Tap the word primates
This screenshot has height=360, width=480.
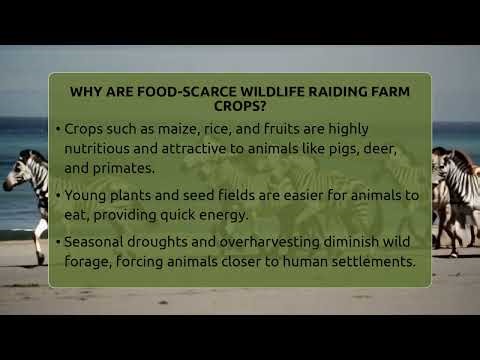point(125,168)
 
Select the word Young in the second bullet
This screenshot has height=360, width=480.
point(87,195)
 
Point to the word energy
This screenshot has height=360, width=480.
point(225,214)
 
